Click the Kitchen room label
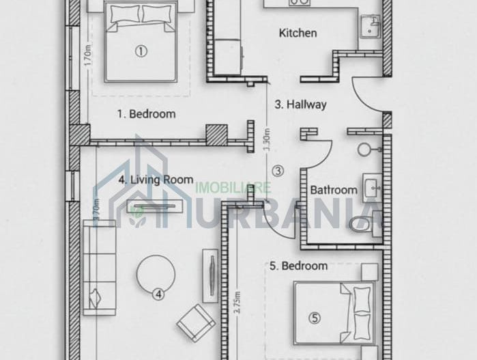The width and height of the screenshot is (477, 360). pyautogui.click(x=298, y=33)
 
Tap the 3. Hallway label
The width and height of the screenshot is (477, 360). pyautogui.click(x=300, y=105)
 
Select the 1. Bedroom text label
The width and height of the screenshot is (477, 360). pyautogui.click(x=145, y=114)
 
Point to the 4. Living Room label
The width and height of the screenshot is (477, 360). pyautogui.click(x=156, y=180)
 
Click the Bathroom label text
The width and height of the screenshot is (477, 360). pyautogui.click(x=334, y=190)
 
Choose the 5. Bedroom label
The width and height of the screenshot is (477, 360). pyautogui.click(x=299, y=266)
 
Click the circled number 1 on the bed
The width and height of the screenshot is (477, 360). pyautogui.click(x=141, y=50)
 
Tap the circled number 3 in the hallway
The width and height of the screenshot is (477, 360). pyautogui.click(x=277, y=170)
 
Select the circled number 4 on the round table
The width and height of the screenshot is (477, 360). pyautogui.click(x=158, y=294)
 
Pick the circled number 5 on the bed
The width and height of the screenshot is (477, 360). pyautogui.click(x=314, y=317)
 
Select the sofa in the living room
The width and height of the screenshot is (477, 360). pyautogui.click(x=99, y=268)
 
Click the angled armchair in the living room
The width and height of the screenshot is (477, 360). pyautogui.click(x=196, y=322)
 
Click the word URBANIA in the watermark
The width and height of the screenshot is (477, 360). pyautogui.click(x=315, y=208)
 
